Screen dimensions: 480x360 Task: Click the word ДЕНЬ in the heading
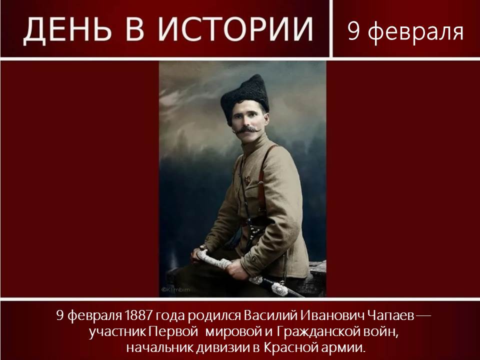67,29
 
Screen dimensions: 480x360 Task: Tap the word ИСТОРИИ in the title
235,29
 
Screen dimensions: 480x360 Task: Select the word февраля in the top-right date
415,31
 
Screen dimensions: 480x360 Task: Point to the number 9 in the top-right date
353,31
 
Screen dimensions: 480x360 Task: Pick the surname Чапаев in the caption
391,315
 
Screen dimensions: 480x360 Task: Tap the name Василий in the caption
270,315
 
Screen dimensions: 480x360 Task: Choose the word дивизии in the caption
223,348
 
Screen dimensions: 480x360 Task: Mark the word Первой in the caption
173,332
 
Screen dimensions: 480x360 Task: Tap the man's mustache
246,129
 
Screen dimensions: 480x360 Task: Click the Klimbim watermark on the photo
175,289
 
